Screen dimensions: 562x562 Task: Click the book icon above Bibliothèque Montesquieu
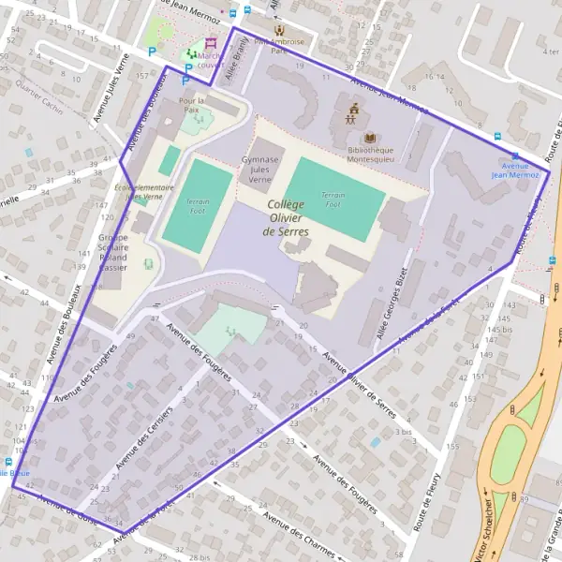tap(369, 138)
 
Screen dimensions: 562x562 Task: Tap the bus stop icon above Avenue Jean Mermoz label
tap(514, 155)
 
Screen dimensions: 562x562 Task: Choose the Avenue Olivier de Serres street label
tap(360, 378)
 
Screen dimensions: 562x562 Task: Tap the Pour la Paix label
tap(191, 105)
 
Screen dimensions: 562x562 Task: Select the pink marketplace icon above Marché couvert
tap(210, 43)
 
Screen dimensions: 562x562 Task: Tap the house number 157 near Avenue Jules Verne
tap(142, 74)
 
